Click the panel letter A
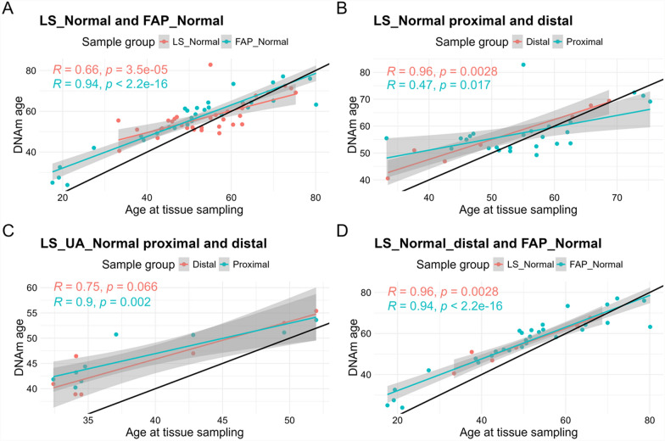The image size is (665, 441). [x=7, y=8]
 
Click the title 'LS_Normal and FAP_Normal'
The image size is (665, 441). [x=131, y=20]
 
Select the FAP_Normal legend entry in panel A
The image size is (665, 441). [x=255, y=42]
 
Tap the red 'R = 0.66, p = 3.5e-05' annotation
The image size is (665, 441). [x=110, y=70]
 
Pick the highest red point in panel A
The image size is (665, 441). [x=210, y=64]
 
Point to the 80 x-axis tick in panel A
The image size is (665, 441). [x=316, y=198]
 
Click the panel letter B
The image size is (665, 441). [x=341, y=8]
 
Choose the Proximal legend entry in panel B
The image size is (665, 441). [x=578, y=42]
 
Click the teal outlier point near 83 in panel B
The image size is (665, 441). [x=523, y=64]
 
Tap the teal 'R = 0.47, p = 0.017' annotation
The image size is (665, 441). [x=439, y=85]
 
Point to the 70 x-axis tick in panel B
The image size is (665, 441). [x=617, y=198]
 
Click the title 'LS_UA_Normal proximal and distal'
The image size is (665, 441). [x=154, y=243]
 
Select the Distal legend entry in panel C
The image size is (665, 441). [x=198, y=265]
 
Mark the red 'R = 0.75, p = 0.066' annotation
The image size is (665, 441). [x=105, y=287]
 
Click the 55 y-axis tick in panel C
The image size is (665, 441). [x=32, y=313]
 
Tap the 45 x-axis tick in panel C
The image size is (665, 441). [x=222, y=421]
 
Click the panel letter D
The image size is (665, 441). [x=342, y=231]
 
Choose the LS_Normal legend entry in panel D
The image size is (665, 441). [x=524, y=265]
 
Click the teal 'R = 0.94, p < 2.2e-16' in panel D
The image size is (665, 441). [x=444, y=305]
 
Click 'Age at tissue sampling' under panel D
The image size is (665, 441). [x=518, y=433]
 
